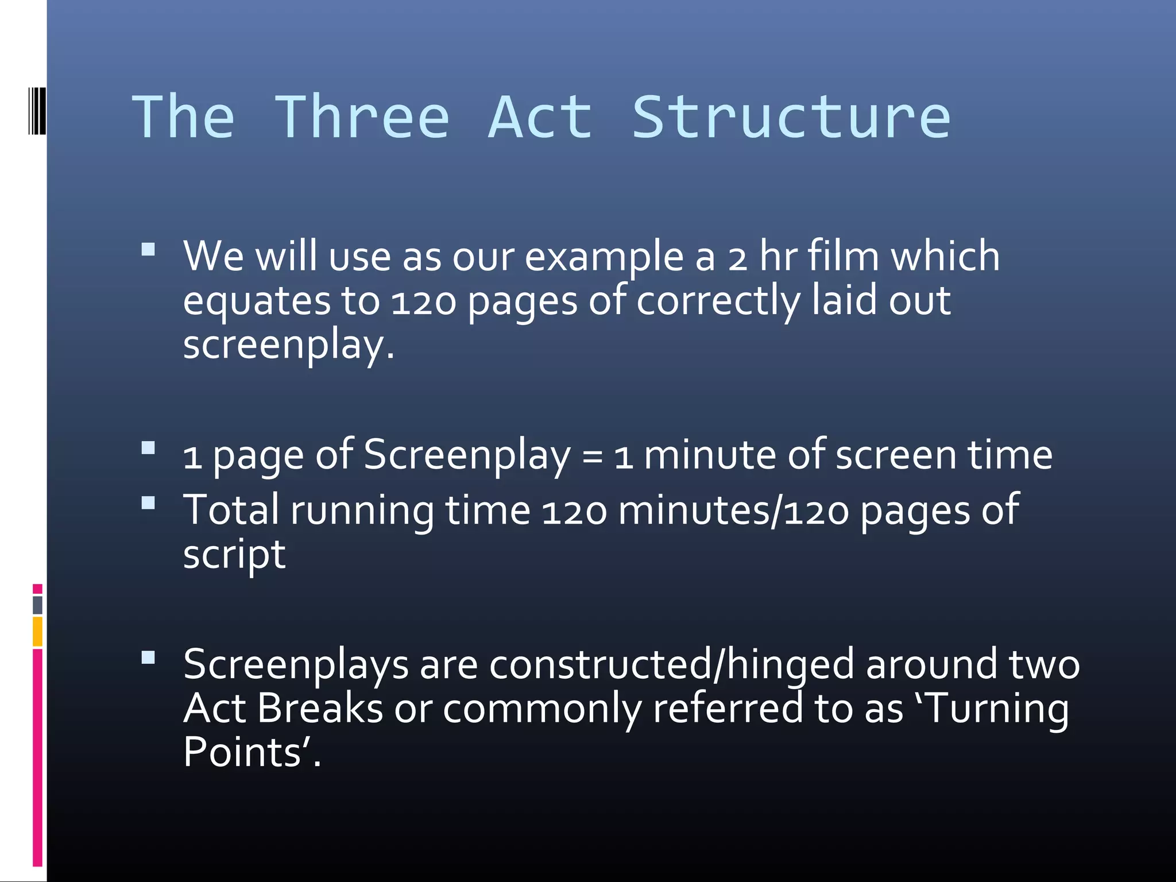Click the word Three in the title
362,118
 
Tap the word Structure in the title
791,118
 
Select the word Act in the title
540,118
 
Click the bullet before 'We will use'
148,249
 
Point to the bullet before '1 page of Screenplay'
148,448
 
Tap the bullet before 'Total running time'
148,503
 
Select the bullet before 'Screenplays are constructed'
148,657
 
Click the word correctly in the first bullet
718,302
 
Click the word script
234,556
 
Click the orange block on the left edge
37,632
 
